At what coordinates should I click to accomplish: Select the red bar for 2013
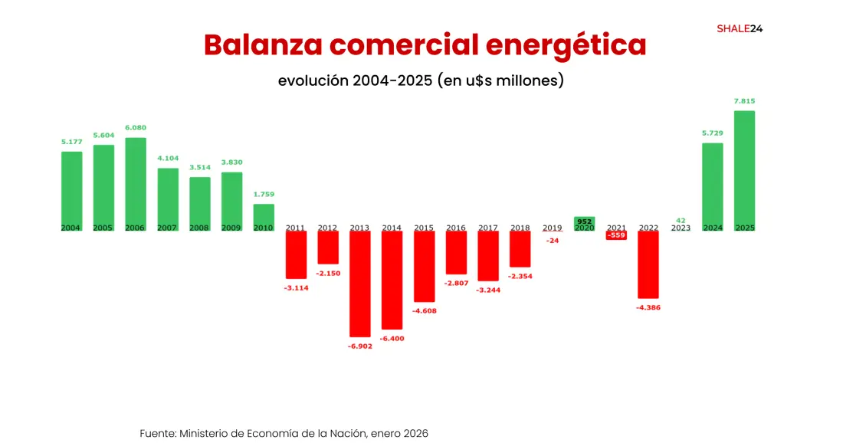(360, 284)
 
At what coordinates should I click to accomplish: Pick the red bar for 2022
(648, 265)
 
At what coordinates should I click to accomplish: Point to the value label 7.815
(744, 101)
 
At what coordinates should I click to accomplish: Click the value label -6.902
(360, 346)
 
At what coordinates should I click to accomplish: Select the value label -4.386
(648, 308)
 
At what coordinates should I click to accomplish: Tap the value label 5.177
(71, 142)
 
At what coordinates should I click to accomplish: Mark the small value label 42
(681, 220)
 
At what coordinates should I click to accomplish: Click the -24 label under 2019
(552, 241)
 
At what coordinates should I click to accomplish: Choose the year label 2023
(681, 228)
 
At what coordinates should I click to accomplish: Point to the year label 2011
(296, 228)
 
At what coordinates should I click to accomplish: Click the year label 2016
(456, 228)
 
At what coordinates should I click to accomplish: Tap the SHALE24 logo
(740, 29)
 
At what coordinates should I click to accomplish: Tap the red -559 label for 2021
(615, 235)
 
